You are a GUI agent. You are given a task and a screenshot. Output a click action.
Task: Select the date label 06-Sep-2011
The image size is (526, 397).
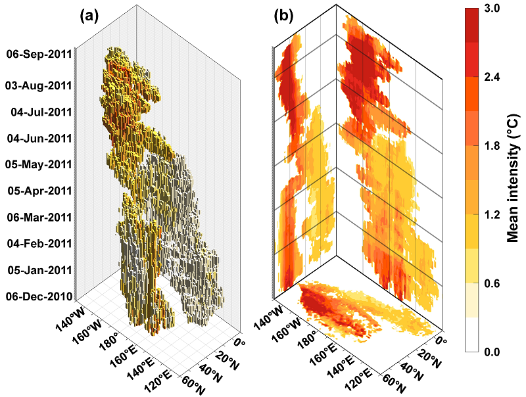(x=37, y=55)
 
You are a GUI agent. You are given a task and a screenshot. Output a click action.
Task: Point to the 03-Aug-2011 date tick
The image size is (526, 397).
(x=37, y=85)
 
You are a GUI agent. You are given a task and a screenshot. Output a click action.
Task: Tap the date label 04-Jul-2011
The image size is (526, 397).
(x=41, y=112)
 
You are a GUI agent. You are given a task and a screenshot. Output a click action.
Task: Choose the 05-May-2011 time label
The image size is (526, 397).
(x=37, y=164)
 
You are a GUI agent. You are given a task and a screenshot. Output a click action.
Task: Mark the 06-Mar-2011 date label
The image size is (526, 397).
(x=38, y=218)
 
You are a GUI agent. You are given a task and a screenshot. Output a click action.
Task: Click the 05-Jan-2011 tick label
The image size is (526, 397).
(x=38, y=270)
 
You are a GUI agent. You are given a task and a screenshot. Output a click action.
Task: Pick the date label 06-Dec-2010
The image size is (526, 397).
(x=37, y=296)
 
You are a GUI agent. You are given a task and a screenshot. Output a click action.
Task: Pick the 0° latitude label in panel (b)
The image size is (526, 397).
(x=441, y=344)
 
